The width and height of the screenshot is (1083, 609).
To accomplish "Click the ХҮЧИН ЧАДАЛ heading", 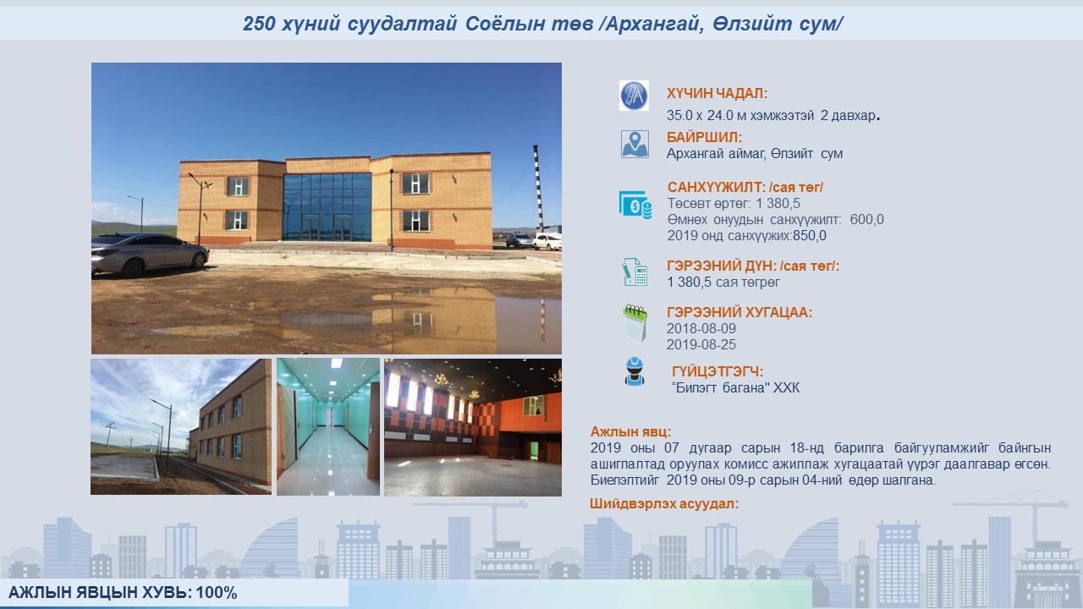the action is [717, 93].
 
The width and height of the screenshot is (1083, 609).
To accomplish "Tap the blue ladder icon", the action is [634, 96].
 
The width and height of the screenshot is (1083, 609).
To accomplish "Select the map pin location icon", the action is [635, 145].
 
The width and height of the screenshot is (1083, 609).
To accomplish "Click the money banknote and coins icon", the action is [635, 205].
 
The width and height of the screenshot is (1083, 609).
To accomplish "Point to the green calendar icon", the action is [635, 324].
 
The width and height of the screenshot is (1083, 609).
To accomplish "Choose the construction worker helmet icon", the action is [635, 371].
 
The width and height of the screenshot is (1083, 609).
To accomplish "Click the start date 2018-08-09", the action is [701, 329].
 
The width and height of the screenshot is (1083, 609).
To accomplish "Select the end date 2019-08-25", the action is [701, 344].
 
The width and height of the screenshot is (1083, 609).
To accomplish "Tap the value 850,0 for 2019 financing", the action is [810, 236].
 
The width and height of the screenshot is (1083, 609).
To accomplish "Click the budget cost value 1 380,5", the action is [778, 204].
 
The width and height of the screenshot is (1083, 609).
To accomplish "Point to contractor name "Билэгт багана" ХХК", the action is [735, 387].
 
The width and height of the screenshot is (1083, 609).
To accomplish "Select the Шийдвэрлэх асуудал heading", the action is [664, 503].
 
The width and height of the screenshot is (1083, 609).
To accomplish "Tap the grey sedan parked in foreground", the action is [150, 254].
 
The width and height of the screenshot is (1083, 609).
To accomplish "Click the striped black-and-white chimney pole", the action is [538, 189].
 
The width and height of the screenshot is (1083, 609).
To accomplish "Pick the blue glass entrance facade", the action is [327, 207].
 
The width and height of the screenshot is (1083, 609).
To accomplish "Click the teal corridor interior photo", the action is [328, 427].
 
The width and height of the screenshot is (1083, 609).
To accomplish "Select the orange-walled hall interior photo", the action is [473, 427].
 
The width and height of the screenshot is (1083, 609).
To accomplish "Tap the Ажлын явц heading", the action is [630, 431].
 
